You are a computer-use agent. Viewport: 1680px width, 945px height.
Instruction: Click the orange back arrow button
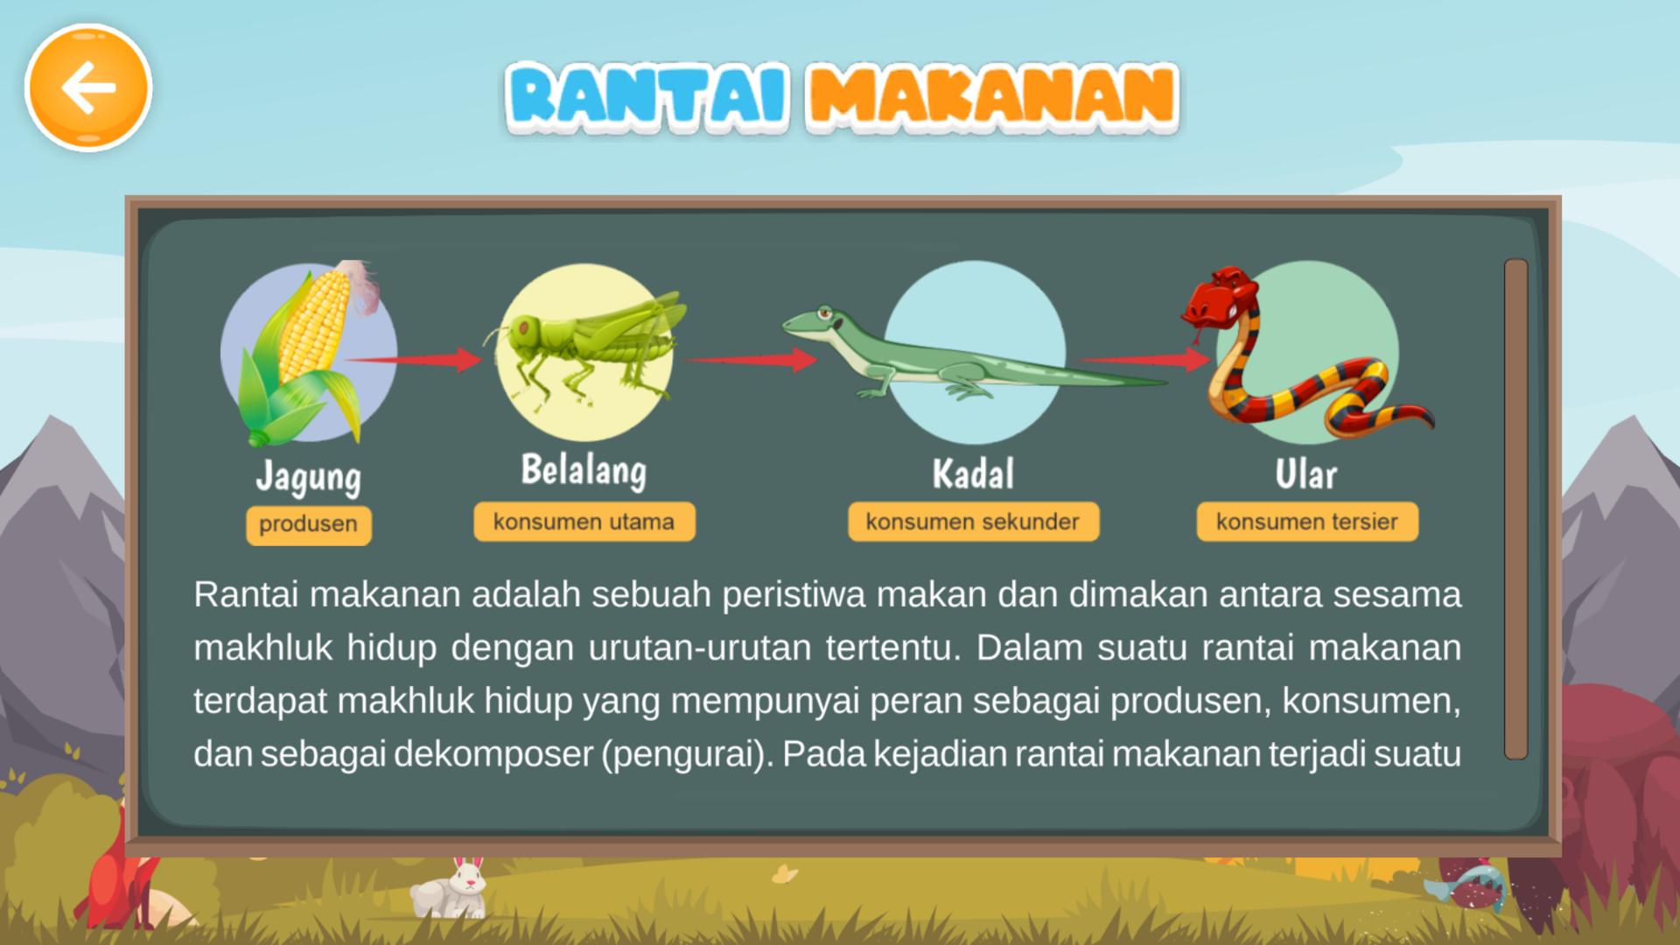88,87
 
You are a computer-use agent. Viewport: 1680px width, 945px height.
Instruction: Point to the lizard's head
814,323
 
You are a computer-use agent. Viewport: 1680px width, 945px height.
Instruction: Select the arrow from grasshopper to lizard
752,359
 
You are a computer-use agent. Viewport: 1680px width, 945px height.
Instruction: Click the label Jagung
308,478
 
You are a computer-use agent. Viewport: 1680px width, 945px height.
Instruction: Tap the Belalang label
584,471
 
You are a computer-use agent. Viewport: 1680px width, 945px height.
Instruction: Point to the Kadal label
973,474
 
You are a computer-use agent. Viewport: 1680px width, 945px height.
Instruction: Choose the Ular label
1305,475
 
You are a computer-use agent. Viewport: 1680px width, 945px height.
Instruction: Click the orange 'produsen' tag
308,525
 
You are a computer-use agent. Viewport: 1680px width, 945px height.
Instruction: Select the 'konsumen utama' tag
584,522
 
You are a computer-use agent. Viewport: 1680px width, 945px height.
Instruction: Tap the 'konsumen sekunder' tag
973,522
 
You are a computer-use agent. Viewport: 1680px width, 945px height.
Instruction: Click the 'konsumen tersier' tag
1306,522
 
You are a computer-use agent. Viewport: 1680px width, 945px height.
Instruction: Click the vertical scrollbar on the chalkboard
1515,508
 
